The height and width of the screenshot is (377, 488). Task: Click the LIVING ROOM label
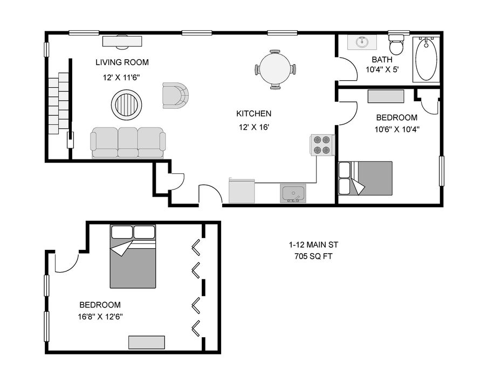click(122, 62)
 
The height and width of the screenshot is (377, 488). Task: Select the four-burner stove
click(322, 145)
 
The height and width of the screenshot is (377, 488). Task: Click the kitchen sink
click(293, 193)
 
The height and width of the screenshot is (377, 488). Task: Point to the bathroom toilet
click(396, 44)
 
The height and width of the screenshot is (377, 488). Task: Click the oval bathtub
click(426, 60)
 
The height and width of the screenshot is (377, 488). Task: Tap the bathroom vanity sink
click(362, 42)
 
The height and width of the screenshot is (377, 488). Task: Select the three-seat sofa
click(128, 143)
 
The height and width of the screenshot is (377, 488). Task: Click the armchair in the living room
click(175, 95)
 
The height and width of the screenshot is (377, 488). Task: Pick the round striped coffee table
click(126, 104)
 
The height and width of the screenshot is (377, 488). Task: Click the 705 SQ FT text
click(313, 256)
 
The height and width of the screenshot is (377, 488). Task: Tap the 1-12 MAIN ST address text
click(313, 245)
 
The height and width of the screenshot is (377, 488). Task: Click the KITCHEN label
click(253, 114)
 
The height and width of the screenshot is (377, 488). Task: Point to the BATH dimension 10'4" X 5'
click(382, 69)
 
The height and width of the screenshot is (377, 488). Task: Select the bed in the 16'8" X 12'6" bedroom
click(133, 256)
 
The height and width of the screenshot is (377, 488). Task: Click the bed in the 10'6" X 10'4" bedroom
click(366, 178)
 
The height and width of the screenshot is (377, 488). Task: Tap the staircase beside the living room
click(59, 103)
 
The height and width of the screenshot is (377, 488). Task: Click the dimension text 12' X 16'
click(253, 127)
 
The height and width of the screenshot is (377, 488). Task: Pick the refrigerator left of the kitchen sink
click(242, 191)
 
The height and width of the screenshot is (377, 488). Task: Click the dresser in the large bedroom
click(147, 342)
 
